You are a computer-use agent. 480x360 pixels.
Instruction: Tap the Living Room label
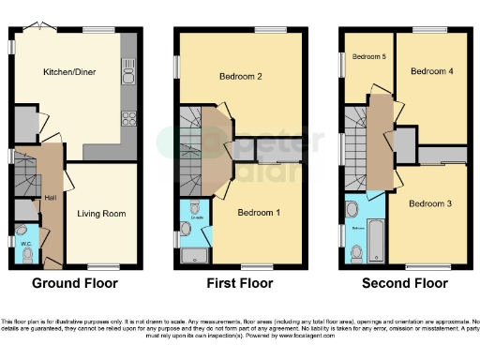101,214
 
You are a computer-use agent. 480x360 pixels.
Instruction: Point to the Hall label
50,199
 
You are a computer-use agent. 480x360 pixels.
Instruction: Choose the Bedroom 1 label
259,213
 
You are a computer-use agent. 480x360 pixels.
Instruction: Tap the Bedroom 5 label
368,57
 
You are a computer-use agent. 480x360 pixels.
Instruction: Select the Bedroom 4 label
432,71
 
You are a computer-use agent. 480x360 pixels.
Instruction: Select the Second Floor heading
405,282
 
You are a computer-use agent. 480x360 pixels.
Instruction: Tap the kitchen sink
128,75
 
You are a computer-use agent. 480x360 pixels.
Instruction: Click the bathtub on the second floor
375,239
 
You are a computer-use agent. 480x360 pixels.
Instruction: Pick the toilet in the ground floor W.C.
27,254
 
